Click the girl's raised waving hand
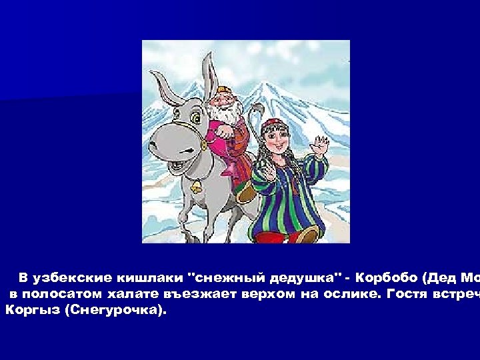pyautogui.click(x=322, y=145)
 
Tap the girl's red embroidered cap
pyautogui.click(x=273, y=125)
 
